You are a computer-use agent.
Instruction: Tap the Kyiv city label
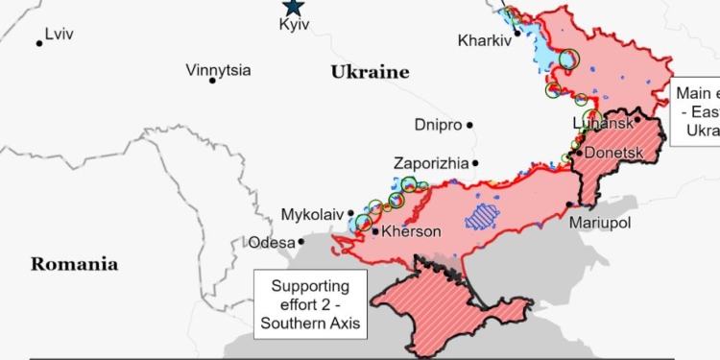293,25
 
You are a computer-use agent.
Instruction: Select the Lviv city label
59,34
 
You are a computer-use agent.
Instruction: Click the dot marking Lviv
39,43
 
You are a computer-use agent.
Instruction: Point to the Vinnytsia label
218,70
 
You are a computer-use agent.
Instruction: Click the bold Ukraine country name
370,72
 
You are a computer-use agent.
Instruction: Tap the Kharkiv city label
484,41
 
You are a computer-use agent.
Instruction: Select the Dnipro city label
437,125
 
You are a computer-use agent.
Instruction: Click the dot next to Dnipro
471,125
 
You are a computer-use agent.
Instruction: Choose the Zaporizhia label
431,163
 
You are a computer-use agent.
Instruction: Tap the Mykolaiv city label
312,214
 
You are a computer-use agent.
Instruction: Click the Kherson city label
411,232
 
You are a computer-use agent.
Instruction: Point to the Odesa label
272,243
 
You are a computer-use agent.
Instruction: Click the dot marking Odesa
301,242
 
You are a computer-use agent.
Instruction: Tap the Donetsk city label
612,153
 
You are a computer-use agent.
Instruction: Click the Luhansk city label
602,124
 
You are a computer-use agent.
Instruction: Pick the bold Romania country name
74,264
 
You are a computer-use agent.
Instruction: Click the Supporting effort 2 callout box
310,304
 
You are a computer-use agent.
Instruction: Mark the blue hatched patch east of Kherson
483,216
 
